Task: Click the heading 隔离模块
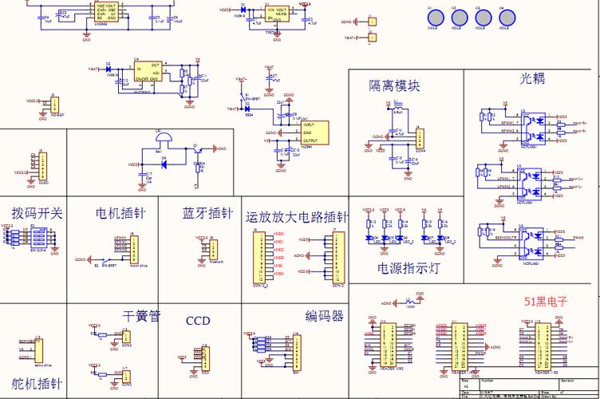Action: (x=393, y=86)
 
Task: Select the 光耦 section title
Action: (x=532, y=78)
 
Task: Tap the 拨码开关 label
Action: (x=37, y=214)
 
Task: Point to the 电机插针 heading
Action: (x=120, y=214)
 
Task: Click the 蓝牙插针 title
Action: (x=207, y=214)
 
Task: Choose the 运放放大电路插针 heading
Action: (x=297, y=217)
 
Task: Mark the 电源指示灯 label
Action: (x=409, y=268)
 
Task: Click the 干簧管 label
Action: (x=142, y=316)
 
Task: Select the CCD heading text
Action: (x=198, y=321)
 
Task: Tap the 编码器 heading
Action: (x=324, y=316)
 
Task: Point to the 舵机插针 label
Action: (x=37, y=383)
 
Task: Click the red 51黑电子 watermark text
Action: (x=546, y=302)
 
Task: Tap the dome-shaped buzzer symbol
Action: (x=163, y=138)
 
